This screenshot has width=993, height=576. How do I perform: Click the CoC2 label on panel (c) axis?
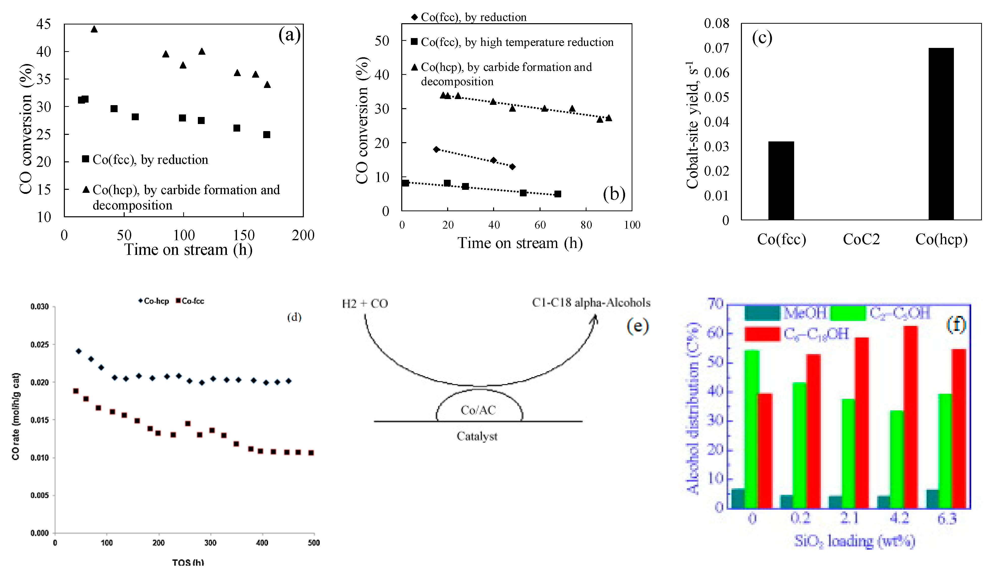tap(861, 239)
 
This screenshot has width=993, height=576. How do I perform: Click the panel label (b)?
tap(613, 194)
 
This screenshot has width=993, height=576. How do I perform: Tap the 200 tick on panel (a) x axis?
tap(303, 235)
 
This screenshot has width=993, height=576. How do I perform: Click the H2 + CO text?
tap(364, 304)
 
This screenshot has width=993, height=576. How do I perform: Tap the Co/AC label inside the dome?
tap(478, 410)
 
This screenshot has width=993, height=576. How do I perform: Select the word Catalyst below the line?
tap(477, 436)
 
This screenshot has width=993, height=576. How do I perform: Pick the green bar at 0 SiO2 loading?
tap(752, 429)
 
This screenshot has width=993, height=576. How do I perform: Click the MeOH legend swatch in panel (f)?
tap(762, 313)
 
